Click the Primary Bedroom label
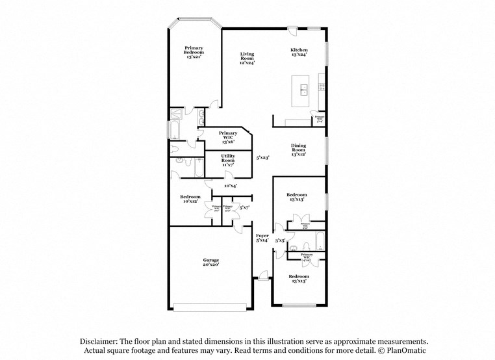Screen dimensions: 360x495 click(x=194, y=53)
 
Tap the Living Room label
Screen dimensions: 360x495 click(x=247, y=58)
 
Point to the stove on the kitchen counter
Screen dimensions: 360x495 click(x=321, y=83)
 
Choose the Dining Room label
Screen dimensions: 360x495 click(x=299, y=149)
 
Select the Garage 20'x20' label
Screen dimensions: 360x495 click(x=210, y=262)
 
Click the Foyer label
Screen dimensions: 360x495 click(x=262, y=238)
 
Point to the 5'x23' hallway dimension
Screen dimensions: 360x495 click(x=262, y=157)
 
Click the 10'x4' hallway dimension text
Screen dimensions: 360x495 click(x=230, y=186)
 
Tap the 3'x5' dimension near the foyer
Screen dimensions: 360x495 click(x=280, y=240)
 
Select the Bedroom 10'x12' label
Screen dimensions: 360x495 click(x=190, y=199)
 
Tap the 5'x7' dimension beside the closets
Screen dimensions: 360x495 click(x=244, y=207)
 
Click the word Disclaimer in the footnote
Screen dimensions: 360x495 click(x=101, y=341)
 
